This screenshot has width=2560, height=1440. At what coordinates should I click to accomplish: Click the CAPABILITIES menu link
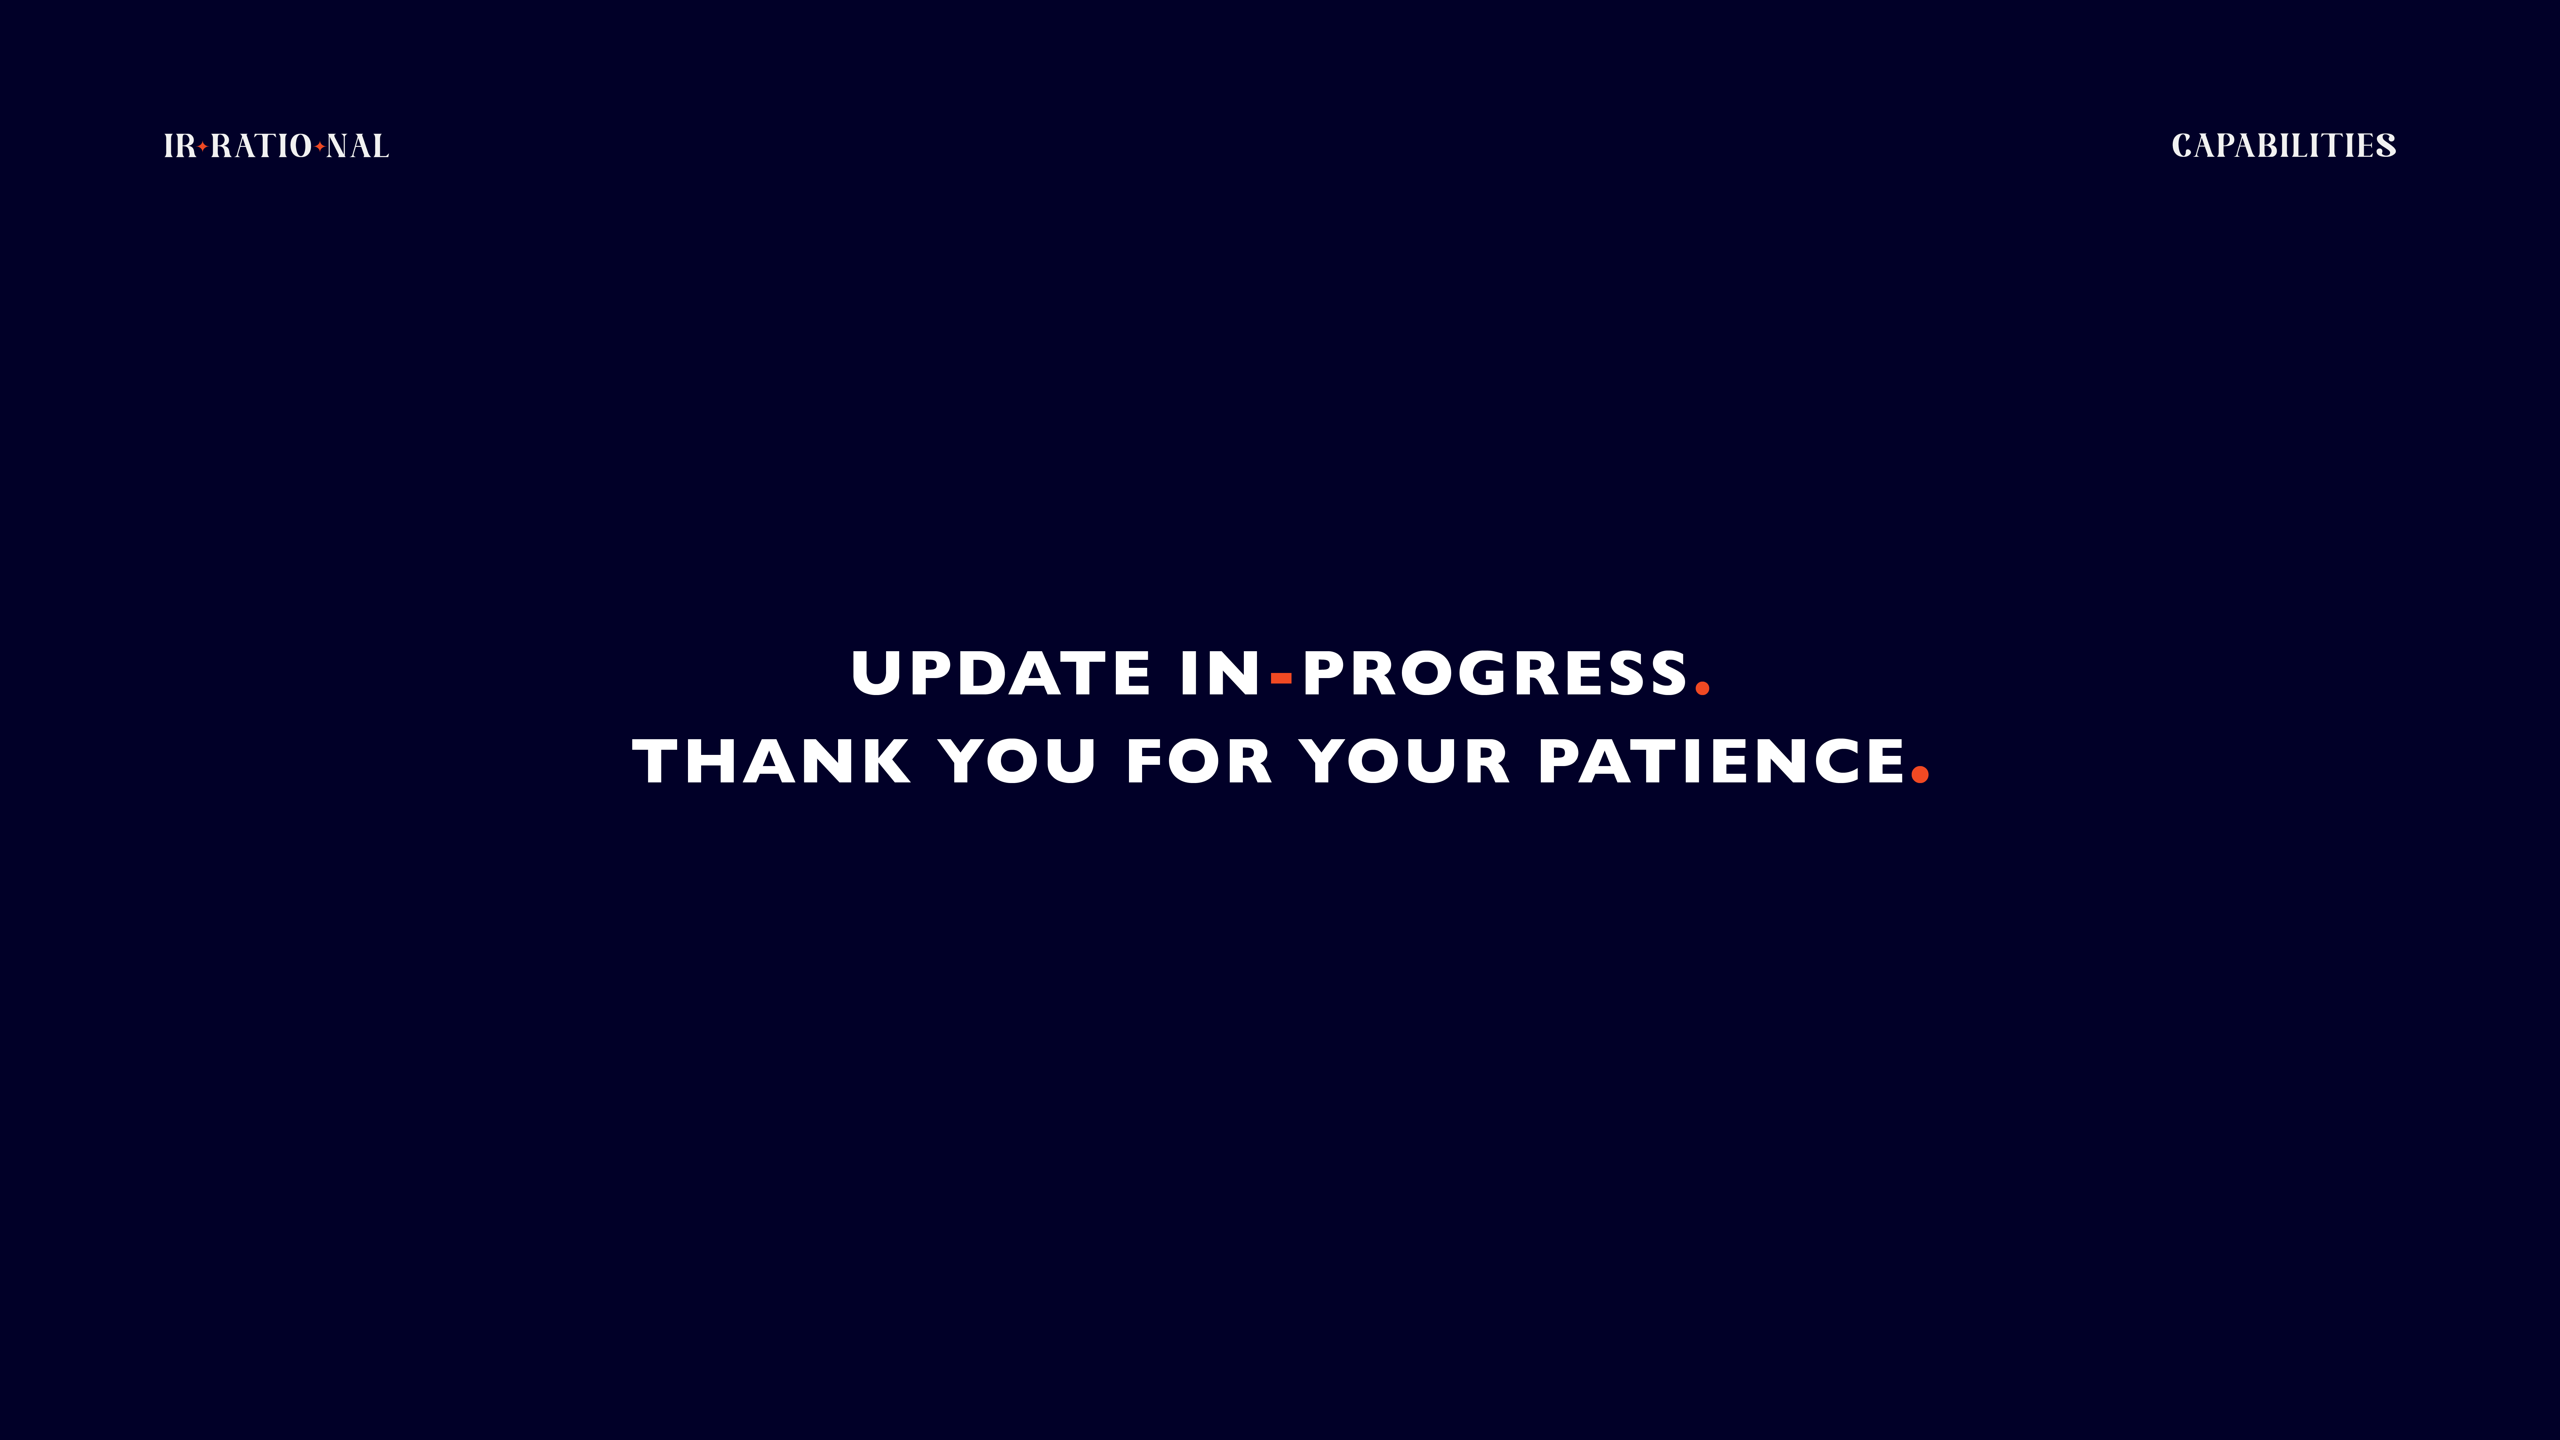tap(2283, 146)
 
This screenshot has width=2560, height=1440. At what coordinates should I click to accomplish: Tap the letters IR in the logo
tap(180, 146)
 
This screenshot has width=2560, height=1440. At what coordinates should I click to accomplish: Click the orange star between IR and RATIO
tap(203, 146)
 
